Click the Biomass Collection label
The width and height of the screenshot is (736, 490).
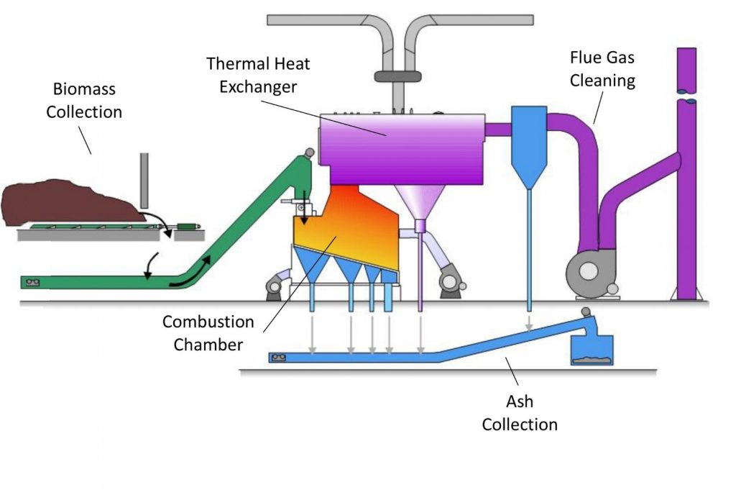tap(84, 101)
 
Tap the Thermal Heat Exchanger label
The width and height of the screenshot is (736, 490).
tap(259, 75)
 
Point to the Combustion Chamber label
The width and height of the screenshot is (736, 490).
tap(208, 332)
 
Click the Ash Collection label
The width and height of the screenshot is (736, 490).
tap(519, 414)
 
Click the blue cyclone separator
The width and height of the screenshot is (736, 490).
tap(528, 144)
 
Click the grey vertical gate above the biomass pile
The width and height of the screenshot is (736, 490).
tap(144, 180)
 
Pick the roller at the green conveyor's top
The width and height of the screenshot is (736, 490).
tap(309, 153)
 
